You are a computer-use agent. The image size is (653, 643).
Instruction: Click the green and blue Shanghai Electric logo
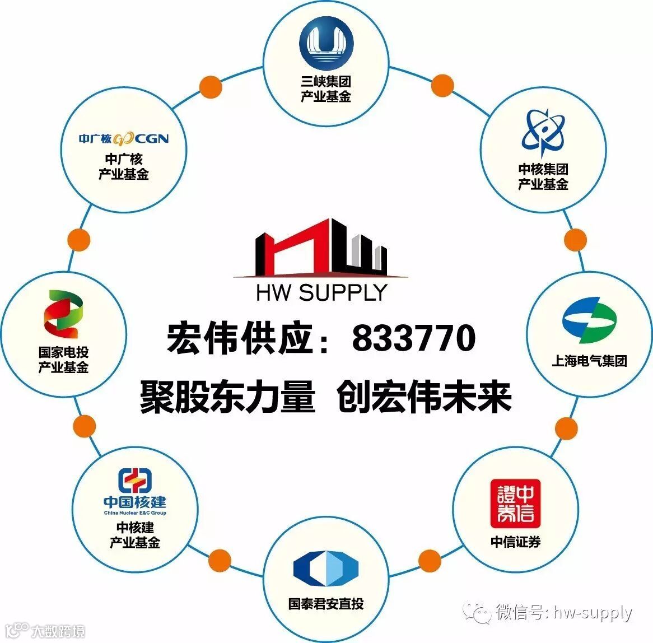pyautogui.click(x=589, y=320)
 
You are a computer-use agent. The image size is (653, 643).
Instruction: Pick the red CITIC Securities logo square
pyautogui.click(x=515, y=504)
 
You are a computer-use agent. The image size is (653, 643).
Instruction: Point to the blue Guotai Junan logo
pyautogui.click(x=325, y=570)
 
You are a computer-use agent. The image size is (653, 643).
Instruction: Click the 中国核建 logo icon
pyautogui.click(x=135, y=480)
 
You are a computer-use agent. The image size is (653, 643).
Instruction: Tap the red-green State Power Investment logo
pyautogui.click(x=63, y=314)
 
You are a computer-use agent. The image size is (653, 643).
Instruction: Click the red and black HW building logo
pyautogui.click(x=321, y=248)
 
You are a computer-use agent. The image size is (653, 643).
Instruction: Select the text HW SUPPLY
pyautogui.click(x=321, y=293)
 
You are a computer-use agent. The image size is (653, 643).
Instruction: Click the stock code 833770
pyautogui.click(x=414, y=338)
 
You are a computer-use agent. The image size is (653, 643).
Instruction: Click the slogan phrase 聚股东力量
pyautogui.click(x=227, y=397)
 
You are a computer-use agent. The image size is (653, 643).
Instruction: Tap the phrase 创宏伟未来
pyautogui.click(x=425, y=397)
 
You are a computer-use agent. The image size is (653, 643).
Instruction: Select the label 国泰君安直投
pyautogui.click(x=326, y=604)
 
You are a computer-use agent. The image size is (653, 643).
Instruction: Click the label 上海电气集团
pyautogui.click(x=589, y=361)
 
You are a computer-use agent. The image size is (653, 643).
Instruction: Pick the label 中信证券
pyautogui.click(x=515, y=542)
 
